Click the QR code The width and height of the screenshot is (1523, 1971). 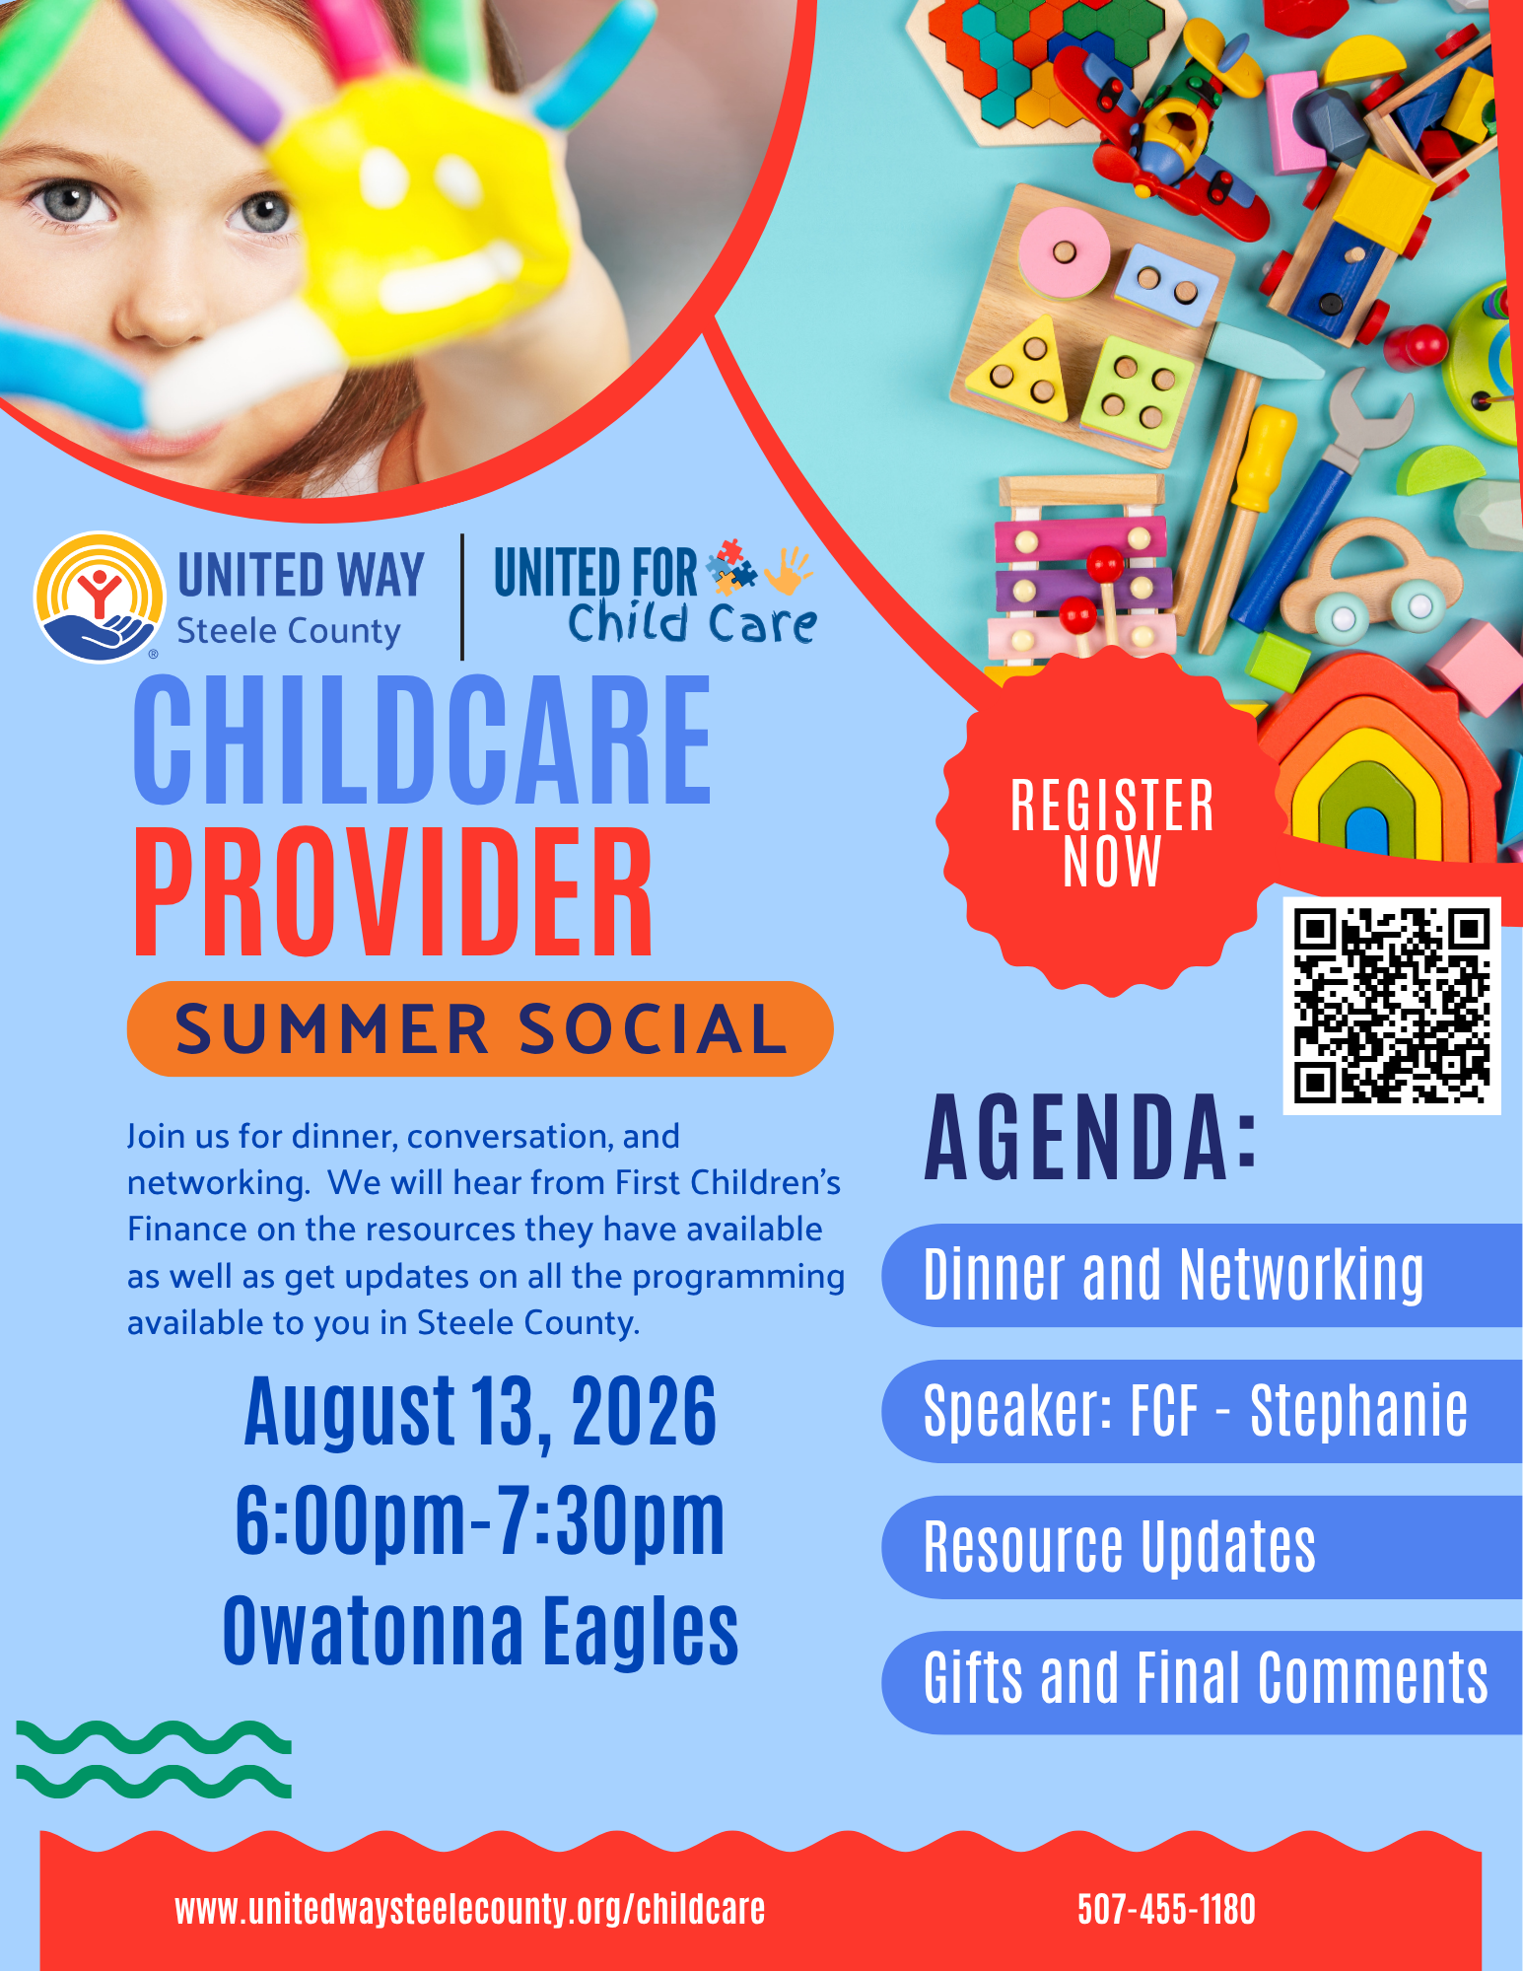click(x=1391, y=1005)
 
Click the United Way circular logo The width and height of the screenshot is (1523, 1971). click(x=99, y=598)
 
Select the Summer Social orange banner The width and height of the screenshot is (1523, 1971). click(x=480, y=1028)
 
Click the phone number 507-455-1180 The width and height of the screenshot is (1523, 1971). click(x=1166, y=1909)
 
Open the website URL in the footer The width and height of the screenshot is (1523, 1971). click(x=469, y=1909)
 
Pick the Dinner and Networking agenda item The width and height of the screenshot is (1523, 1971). click(x=1202, y=1275)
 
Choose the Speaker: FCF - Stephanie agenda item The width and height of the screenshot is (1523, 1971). click(x=1202, y=1411)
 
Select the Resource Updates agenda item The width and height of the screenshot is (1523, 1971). click(x=1202, y=1546)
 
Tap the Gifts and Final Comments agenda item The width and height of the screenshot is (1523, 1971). click(x=1202, y=1681)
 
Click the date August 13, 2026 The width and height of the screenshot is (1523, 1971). click(x=480, y=1413)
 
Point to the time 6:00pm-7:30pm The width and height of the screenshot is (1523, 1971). click(x=480, y=1521)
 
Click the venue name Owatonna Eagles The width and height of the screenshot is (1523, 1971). click(x=480, y=1631)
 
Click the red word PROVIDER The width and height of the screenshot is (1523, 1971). click(x=392, y=891)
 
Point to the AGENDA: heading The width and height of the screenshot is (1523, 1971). click(x=1091, y=1138)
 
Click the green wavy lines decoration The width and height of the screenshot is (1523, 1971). click(x=154, y=1760)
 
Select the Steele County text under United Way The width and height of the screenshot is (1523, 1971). click(x=289, y=631)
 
